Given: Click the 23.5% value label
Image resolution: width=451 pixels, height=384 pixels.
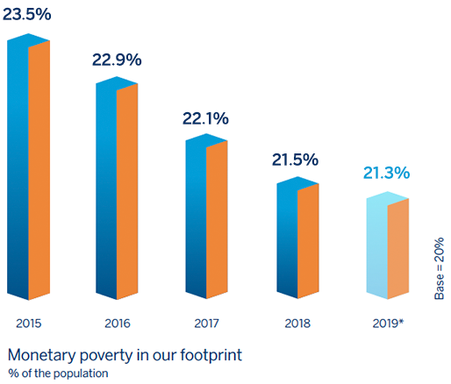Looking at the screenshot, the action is [27, 14].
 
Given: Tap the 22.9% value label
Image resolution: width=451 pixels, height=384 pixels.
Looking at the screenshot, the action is [117, 60].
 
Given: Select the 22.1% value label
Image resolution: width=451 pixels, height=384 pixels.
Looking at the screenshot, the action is [205, 118].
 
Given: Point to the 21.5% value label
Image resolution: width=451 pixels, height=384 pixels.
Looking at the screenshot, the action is [295, 160].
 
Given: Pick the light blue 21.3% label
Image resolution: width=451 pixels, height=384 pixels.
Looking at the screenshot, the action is [386, 173].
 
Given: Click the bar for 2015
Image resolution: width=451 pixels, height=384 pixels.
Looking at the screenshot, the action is [28, 167].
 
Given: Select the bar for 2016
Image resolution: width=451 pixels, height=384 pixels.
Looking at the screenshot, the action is [117, 188].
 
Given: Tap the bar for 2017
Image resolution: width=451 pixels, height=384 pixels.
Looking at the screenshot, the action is [206, 217].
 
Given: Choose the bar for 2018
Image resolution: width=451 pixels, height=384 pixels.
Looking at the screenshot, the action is [297, 238].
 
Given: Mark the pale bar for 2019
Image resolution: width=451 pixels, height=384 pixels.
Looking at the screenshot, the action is [388, 245].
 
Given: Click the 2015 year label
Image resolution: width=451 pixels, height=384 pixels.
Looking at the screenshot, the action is [29, 324].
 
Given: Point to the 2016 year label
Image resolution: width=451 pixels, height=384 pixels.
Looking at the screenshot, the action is [118, 324].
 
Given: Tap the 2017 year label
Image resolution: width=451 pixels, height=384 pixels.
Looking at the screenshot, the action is [206, 324].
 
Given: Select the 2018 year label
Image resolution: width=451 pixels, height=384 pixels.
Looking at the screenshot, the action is [297, 324].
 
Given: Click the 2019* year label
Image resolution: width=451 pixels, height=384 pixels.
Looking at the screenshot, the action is [388, 324].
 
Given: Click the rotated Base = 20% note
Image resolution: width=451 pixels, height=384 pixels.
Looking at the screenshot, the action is [439, 268].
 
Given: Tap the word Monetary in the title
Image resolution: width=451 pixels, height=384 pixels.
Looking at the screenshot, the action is [41, 356].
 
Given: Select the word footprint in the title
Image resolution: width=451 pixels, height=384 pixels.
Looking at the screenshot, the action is [211, 355].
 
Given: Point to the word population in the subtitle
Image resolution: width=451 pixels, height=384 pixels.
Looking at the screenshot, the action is [81, 374].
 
